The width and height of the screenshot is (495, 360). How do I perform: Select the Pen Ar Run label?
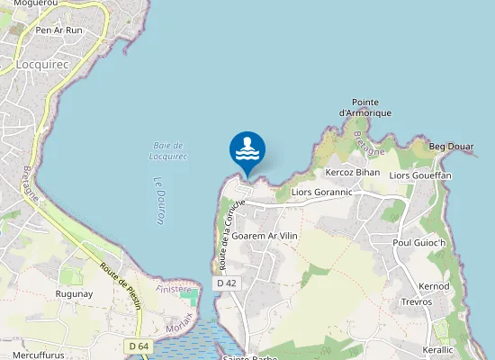(x=58, y=30)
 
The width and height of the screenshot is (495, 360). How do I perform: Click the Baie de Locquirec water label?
(x=168, y=150)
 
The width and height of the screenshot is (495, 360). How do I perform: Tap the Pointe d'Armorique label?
(x=365, y=107)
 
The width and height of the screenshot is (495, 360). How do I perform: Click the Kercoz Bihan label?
(x=353, y=172)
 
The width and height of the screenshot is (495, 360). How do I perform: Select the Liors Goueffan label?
(x=419, y=175)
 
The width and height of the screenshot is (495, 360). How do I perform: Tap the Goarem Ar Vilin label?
(x=264, y=236)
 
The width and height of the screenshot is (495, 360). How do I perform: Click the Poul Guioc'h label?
(x=419, y=243)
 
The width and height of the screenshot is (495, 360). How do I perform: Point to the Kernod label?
(x=434, y=286)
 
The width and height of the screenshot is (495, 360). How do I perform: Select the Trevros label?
(x=417, y=301)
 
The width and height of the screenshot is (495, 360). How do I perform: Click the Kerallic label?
(x=437, y=348)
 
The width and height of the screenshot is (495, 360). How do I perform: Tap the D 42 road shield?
(x=227, y=283)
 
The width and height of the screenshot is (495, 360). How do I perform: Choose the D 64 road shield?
(x=138, y=346)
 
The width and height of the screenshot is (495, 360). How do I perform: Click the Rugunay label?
(x=75, y=294)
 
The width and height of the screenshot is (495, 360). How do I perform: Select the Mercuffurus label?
(x=39, y=355)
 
